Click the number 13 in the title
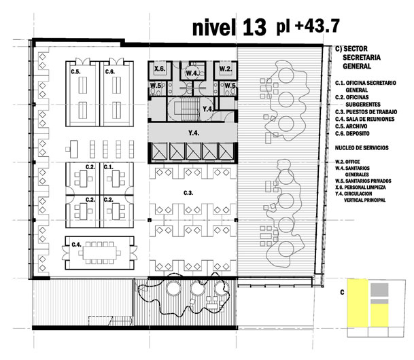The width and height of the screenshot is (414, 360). click(x=254, y=27)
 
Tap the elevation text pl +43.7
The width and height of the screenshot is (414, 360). click(x=308, y=26)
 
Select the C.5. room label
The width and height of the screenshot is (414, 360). click(x=75, y=71)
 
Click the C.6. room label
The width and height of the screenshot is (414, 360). click(x=110, y=71)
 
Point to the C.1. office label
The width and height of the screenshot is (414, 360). click(x=108, y=166)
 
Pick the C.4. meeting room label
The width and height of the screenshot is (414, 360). click(x=77, y=245)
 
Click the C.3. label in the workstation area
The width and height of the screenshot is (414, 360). click(x=188, y=193)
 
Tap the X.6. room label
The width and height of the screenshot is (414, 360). click(x=160, y=69)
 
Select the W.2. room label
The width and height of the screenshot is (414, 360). click(x=225, y=69)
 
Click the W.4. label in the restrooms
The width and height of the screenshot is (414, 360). click(x=192, y=73)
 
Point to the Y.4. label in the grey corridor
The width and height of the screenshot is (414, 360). click(x=194, y=133)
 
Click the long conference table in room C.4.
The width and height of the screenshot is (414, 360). click(x=99, y=253)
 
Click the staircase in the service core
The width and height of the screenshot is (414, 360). click(x=189, y=109)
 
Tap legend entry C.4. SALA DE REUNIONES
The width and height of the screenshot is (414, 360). click(x=364, y=119)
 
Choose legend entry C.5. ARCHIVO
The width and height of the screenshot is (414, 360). click(x=351, y=126)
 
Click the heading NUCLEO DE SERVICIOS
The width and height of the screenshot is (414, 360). click(x=362, y=147)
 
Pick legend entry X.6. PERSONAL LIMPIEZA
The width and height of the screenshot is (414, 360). click(x=360, y=187)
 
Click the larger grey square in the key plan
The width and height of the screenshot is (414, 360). click(x=379, y=289)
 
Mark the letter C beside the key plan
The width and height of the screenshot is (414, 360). click(x=342, y=292)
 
